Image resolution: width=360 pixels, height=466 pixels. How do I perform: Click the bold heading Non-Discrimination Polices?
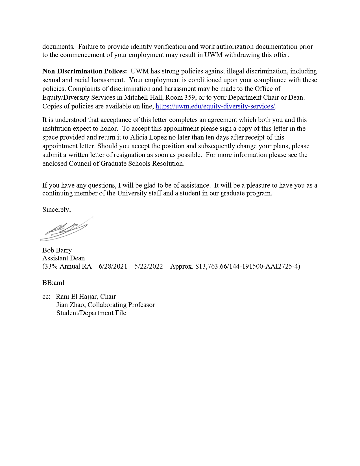[84, 71]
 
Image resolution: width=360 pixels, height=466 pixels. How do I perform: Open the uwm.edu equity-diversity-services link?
[215, 106]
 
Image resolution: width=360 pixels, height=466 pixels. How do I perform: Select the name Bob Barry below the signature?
[57, 250]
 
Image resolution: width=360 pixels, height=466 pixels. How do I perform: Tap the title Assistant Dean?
[64, 258]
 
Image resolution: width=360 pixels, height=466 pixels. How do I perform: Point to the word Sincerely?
[56, 210]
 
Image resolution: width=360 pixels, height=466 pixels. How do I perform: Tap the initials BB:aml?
[53, 283]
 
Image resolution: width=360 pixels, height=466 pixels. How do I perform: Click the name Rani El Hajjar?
[76, 297]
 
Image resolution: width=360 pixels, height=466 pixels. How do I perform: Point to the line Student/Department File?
[91, 313]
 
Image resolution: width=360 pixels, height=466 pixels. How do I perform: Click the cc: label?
[46, 297]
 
